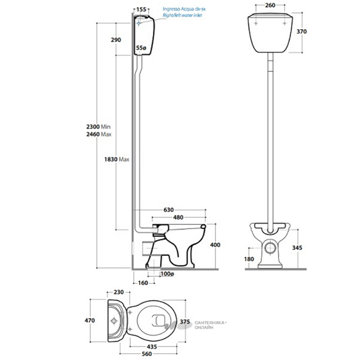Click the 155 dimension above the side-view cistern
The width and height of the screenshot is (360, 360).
pyautogui.click(x=141, y=10)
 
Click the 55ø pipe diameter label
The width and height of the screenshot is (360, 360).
pyautogui.click(x=141, y=46)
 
